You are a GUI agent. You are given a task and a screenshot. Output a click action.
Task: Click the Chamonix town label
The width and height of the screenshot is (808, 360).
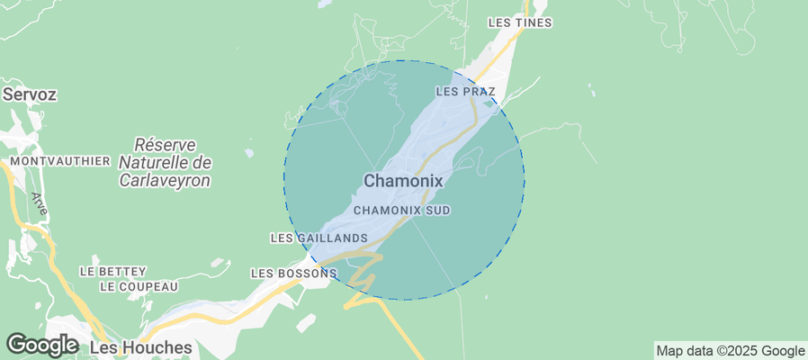coord(403,181)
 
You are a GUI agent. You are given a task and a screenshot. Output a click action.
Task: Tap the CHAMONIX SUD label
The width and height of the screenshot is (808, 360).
coord(401,211)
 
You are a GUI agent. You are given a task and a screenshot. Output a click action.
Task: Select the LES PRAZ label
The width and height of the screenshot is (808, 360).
coord(465,92)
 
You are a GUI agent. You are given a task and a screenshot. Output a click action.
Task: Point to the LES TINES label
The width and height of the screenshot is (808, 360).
coord(519,22)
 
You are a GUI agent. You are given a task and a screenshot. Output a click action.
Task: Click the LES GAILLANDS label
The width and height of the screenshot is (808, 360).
coord(319,238)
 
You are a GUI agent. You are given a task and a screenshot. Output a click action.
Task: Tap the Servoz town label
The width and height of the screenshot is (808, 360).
coord(29,94)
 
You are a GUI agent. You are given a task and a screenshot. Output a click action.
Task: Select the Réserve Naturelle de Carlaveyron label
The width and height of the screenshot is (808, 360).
coord(165,163)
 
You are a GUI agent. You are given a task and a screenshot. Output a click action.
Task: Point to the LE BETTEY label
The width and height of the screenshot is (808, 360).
coord(112,270)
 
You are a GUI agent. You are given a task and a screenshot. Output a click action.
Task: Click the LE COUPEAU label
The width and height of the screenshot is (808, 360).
coord(139,287)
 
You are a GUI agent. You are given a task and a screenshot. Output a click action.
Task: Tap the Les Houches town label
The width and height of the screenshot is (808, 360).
coord(141,347)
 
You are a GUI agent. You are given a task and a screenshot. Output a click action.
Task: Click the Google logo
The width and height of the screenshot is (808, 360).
coord(41,345)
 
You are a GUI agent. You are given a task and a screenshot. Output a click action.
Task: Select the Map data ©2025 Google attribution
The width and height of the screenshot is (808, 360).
coord(730,351)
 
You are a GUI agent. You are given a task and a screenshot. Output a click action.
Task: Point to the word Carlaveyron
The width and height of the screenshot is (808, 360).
coord(165,180)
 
